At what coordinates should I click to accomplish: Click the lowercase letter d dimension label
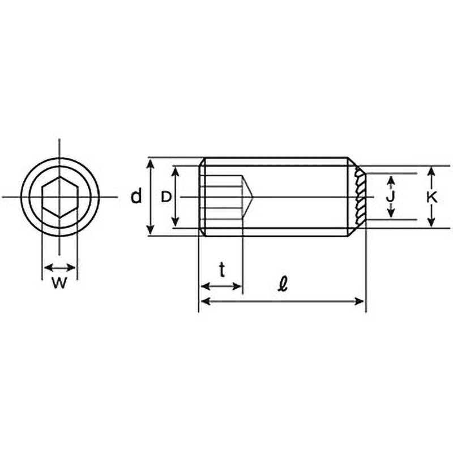(136, 196)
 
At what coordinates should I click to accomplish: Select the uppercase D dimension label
(166, 197)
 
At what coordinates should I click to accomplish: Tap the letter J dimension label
(390, 197)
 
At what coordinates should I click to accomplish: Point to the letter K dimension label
(431, 198)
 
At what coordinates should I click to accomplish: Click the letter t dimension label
(222, 270)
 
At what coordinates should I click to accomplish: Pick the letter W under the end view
(59, 283)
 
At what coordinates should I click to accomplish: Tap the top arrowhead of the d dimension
(150, 163)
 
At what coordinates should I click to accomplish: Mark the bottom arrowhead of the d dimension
(150, 230)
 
